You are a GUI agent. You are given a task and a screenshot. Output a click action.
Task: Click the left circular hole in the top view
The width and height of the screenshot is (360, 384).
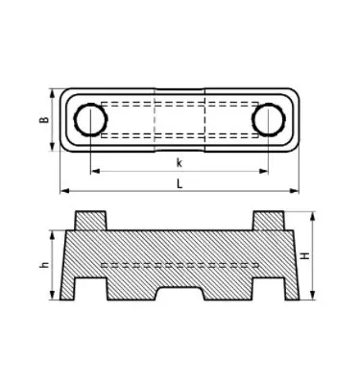click(92, 120)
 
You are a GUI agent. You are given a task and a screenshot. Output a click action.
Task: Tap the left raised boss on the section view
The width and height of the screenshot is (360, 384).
click(90, 219)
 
